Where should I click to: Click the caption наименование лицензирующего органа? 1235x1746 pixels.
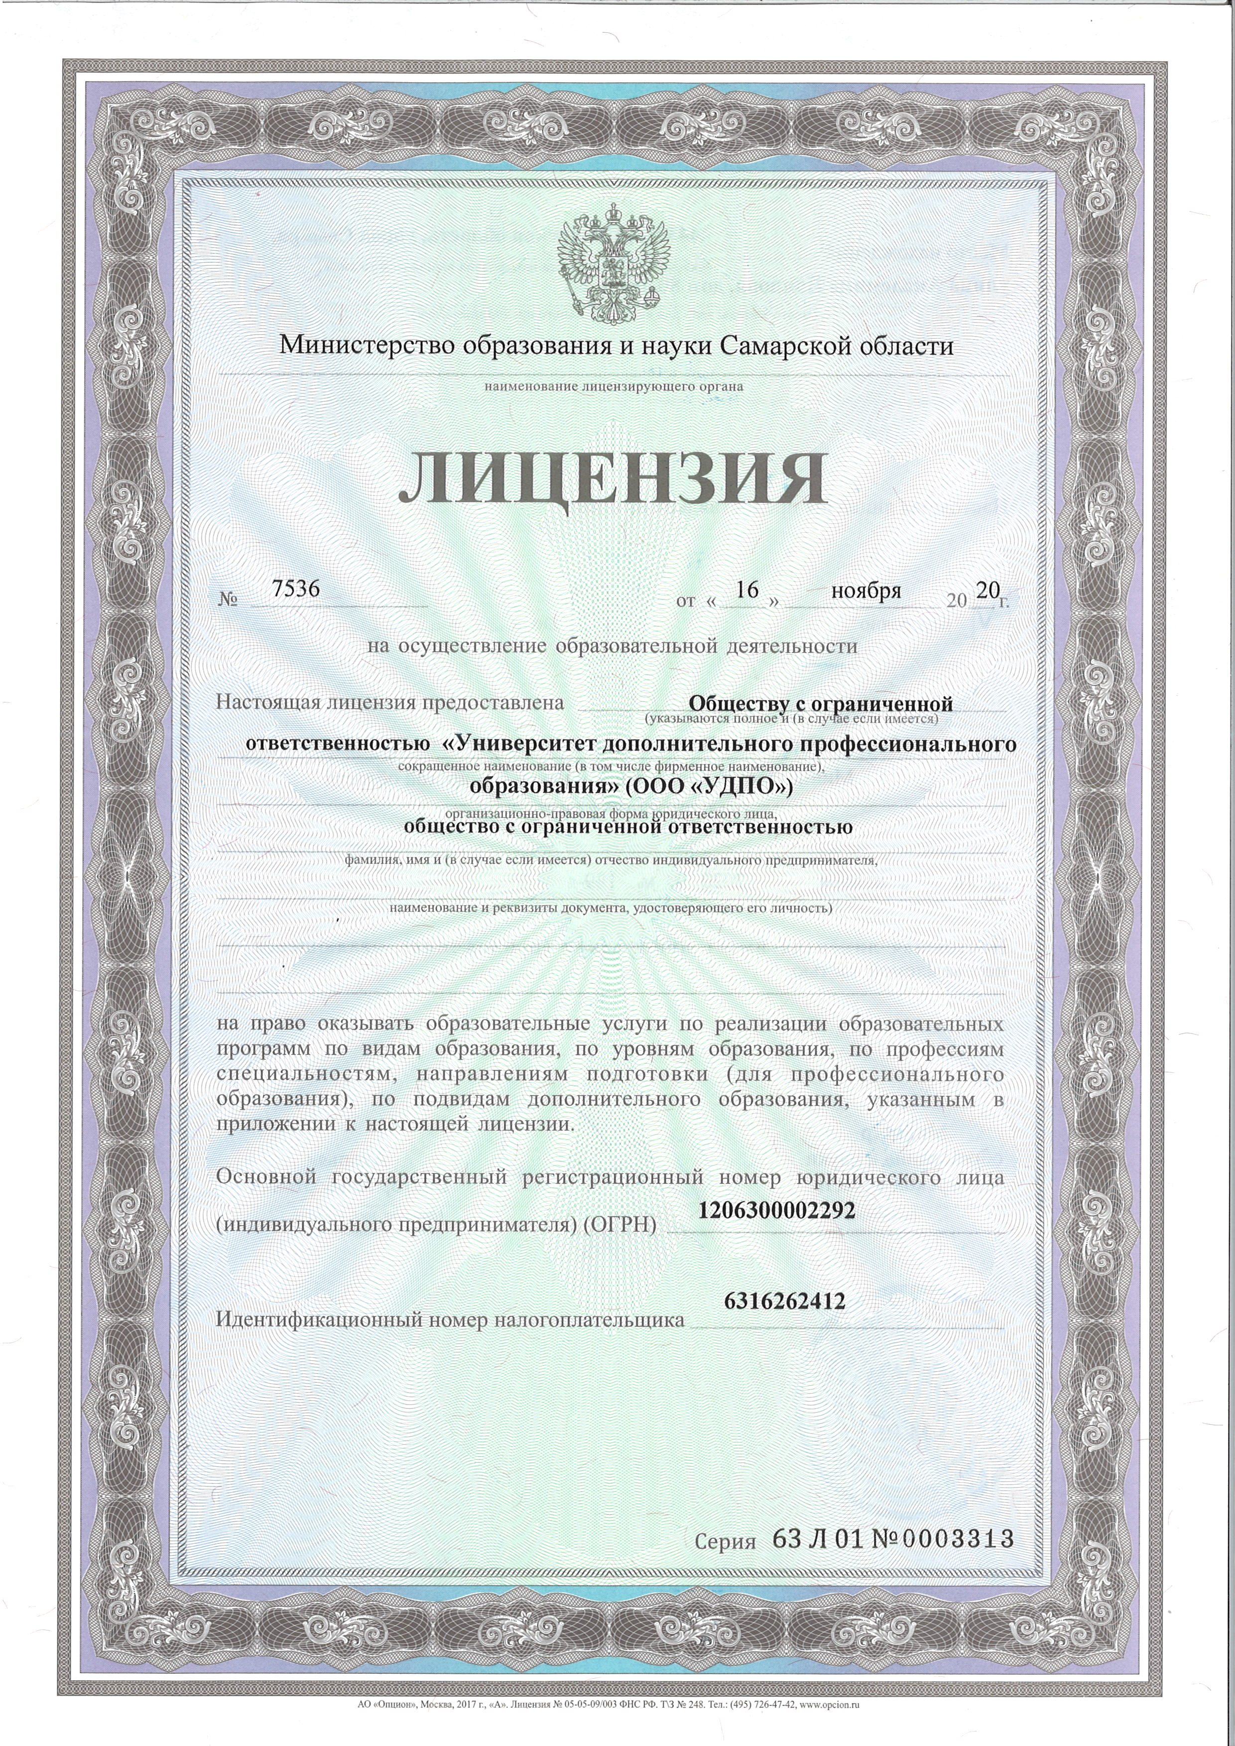coord(614,386)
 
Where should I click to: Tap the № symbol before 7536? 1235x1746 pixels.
coord(228,600)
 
